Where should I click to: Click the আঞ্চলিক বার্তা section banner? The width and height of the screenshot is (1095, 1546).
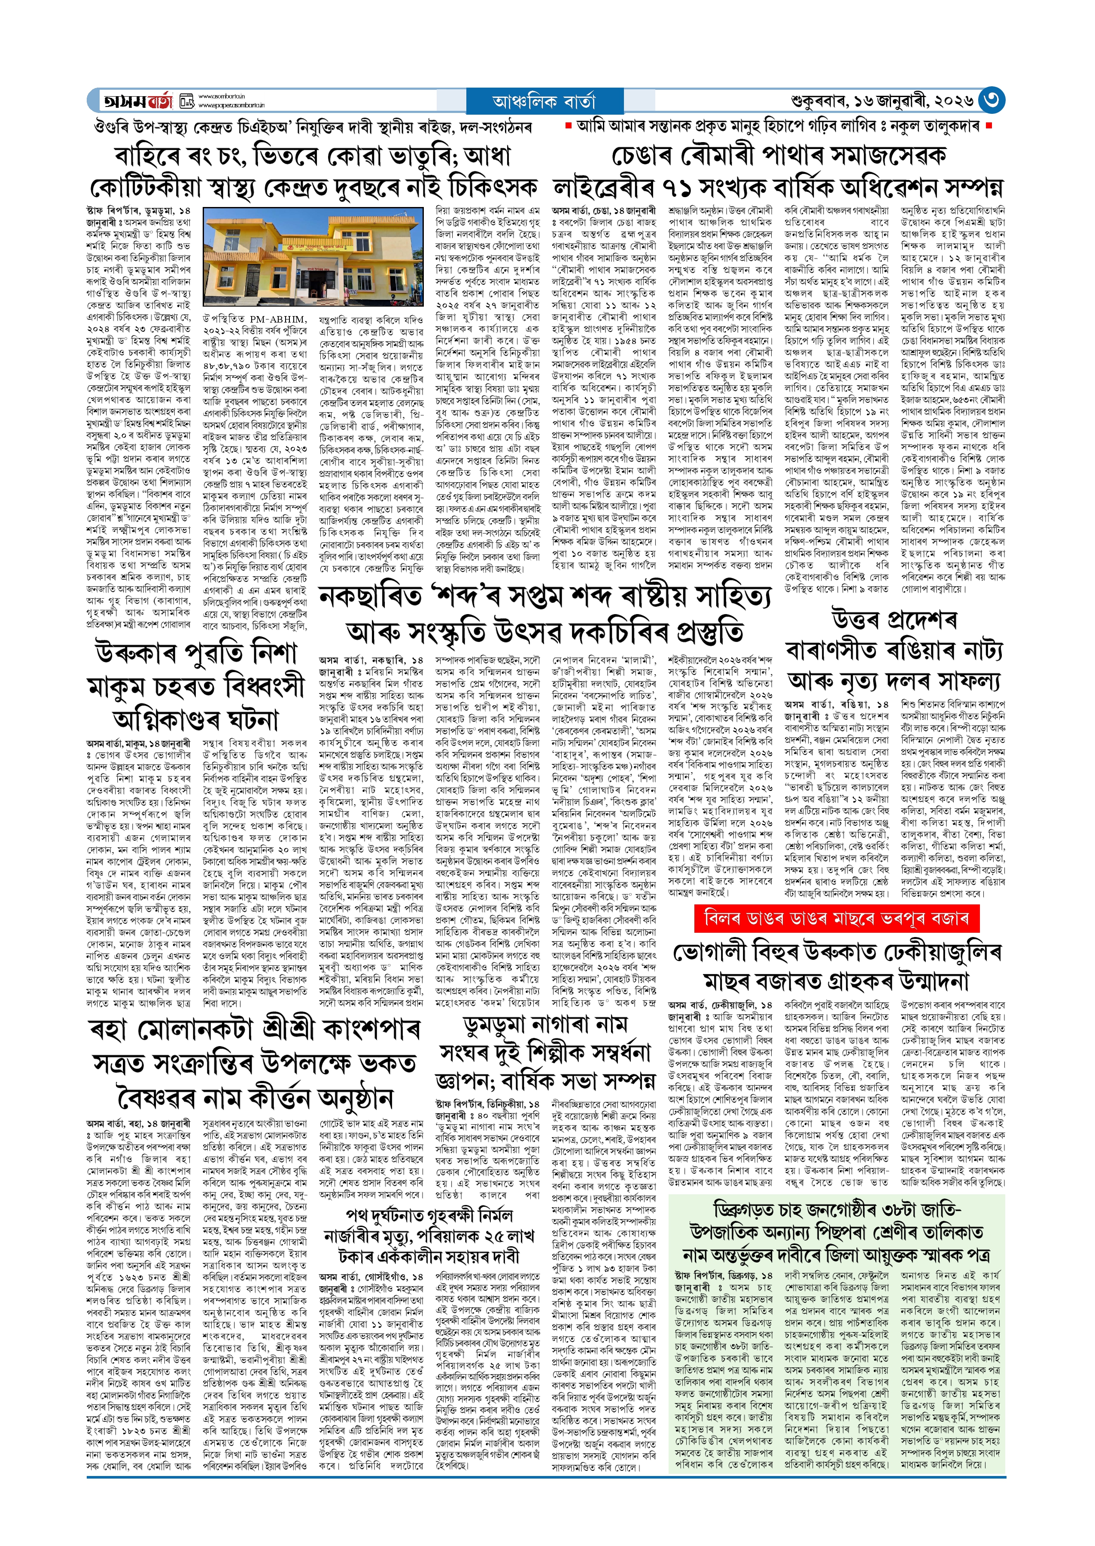(544, 101)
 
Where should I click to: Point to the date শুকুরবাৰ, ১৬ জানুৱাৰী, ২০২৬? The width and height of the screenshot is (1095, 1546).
(882, 101)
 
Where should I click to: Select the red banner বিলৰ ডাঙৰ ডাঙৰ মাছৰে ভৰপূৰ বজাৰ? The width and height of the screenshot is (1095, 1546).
(836, 918)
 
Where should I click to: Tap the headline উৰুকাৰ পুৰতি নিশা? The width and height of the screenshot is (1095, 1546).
(195, 653)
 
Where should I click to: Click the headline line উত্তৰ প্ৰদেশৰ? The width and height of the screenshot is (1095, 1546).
(894, 619)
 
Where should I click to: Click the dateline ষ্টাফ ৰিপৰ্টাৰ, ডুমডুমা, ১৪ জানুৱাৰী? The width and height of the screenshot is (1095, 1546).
(138, 216)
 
